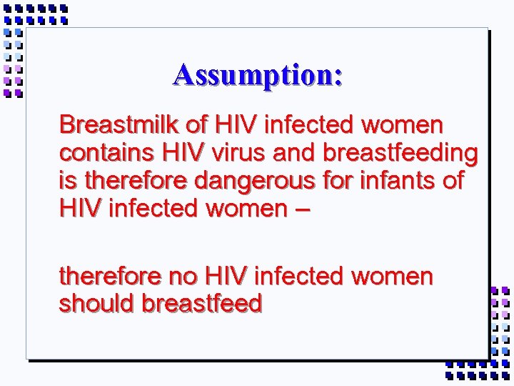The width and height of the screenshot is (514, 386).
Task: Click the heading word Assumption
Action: tap(257, 75)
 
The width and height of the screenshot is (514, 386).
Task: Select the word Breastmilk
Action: tap(119, 125)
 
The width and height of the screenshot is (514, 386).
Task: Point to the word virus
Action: tap(238, 153)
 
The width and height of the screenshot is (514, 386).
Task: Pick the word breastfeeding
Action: tap(400, 153)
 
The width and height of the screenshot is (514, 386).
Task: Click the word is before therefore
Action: tap(66, 181)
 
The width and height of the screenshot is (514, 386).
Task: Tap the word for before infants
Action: tap(338, 181)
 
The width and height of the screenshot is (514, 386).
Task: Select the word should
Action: tap(97, 304)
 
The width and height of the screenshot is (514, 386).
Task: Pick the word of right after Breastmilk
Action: tap(196, 125)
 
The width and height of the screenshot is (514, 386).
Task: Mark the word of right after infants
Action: tap(453, 181)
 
